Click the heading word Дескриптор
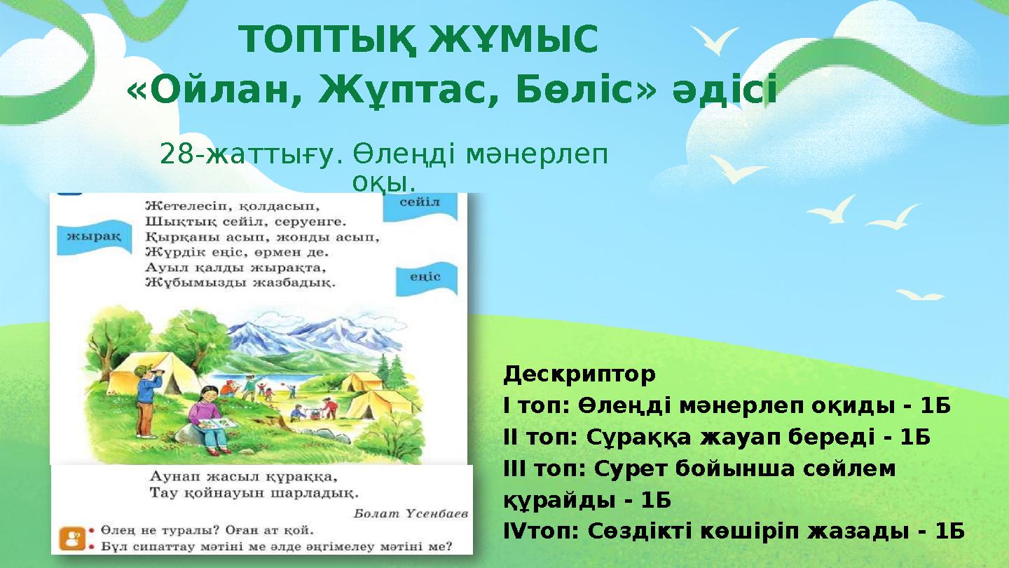pyautogui.click(x=579, y=374)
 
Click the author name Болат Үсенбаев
pyautogui.click(x=410, y=513)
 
